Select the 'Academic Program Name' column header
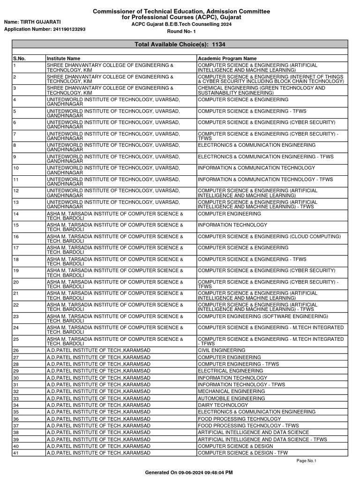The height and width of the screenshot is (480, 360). click(227, 59)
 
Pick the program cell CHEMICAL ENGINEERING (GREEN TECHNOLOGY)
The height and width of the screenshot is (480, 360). click(262, 90)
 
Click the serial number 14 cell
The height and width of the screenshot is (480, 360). click(16, 214)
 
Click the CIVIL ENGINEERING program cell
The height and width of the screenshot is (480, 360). click(221, 350)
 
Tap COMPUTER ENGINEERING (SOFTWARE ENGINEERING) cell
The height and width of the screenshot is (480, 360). click(263, 316)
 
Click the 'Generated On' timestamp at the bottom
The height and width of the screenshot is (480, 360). click(189, 472)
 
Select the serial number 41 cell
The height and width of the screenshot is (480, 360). click(16, 453)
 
